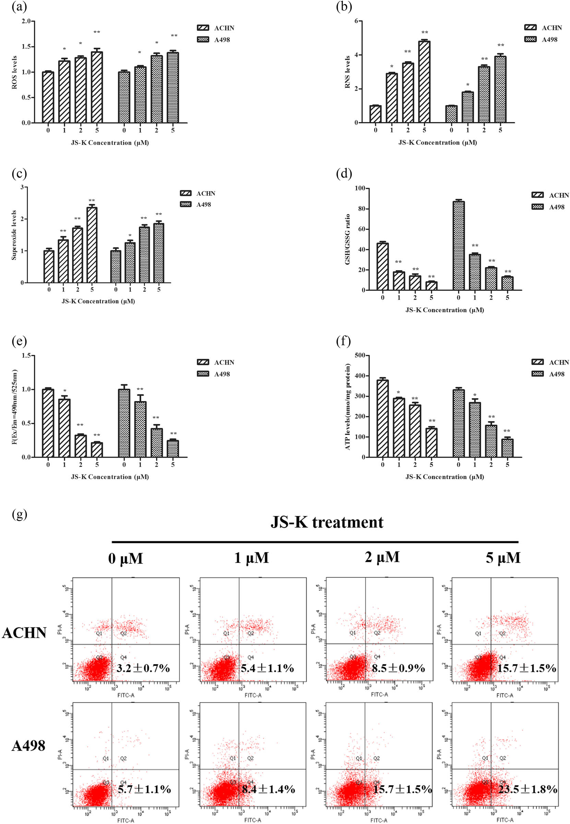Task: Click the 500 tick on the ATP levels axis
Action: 360,355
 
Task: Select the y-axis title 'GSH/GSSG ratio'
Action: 347,239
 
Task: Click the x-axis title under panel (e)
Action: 110,477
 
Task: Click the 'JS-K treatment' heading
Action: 326,522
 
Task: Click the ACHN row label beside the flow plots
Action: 24,633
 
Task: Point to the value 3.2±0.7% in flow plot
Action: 143,668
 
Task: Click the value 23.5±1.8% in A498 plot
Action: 527,789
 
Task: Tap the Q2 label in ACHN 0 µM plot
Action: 123,633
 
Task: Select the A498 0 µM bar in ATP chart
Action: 459,423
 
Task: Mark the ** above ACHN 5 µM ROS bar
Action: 97,32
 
